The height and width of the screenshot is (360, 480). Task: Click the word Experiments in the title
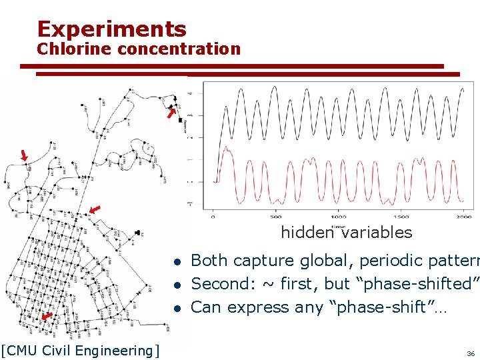(111, 29)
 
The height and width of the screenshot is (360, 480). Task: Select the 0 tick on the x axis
(213, 217)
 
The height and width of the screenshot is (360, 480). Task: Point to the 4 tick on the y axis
(192, 93)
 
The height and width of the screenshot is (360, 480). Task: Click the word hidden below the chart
(306, 233)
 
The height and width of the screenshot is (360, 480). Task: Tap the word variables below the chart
(377, 233)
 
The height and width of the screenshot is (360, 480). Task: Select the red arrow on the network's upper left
(24, 155)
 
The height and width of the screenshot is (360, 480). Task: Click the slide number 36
(471, 353)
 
